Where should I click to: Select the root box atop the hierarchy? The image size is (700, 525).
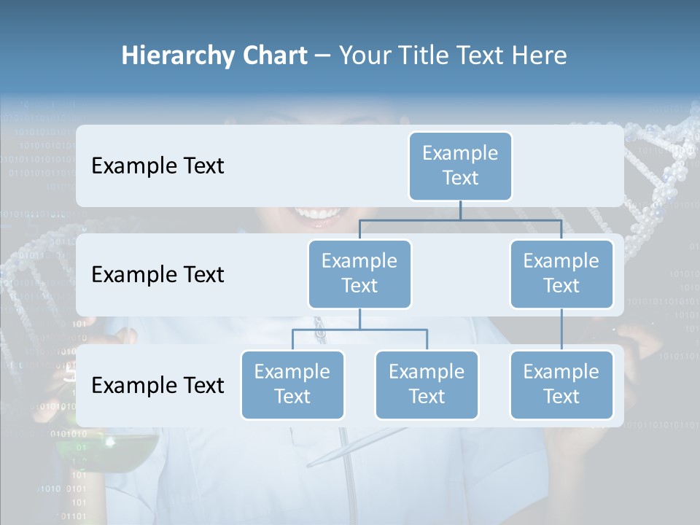tap(460, 166)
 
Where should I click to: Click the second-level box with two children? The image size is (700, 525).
tap(359, 273)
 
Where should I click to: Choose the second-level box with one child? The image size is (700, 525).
tap(561, 273)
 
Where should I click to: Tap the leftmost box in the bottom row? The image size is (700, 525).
tap(292, 384)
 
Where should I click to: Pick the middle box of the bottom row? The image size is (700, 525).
tap(427, 384)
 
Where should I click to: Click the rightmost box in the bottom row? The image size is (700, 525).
tap(561, 384)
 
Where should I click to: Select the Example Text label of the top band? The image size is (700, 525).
tap(157, 166)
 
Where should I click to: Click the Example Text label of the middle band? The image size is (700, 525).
tap(157, 275)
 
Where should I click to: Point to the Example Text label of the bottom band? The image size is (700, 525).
tap(157, 386)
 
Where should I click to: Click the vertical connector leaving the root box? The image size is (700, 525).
tap(460, 210)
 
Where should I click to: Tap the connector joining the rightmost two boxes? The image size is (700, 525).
tap(561, 330)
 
